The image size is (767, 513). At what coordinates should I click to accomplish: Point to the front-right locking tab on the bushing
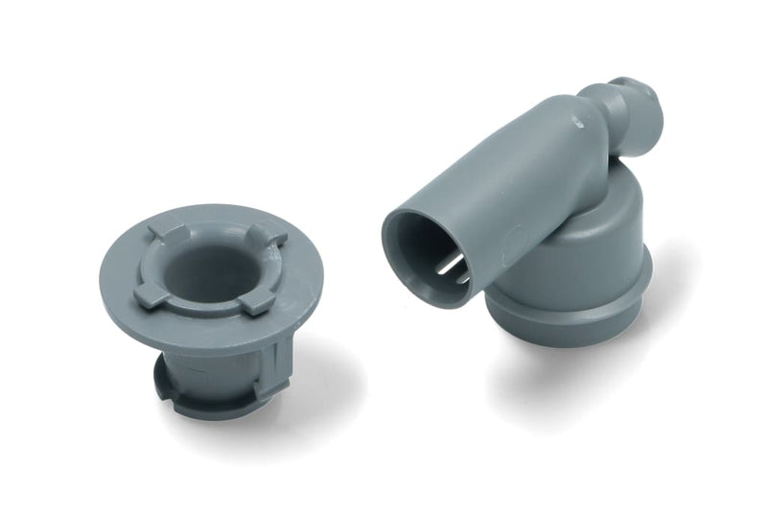coord(255,303)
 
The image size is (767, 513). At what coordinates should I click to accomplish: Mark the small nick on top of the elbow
coord(577,123)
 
